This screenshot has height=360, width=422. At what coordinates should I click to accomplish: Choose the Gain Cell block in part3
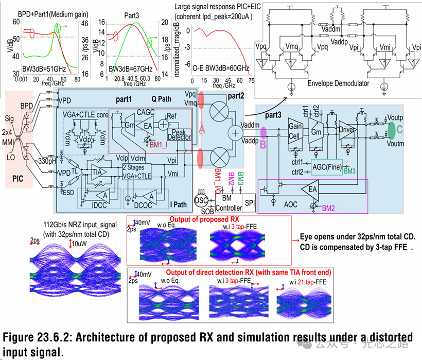click(295, 128)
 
